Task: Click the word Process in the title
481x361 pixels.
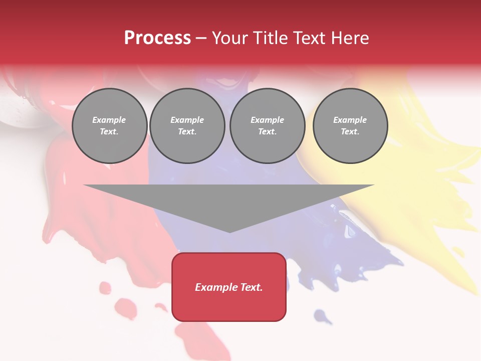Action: pyautogui.click(x=157, y=38)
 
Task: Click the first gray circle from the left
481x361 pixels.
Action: pyautogui.click(x=110, y=126)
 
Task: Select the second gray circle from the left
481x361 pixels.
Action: pyautogui.click(x=187, y=126)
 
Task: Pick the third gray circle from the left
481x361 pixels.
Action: pyautogui.click(x=268, y=126)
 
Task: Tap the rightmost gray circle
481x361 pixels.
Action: pyautogui.click(x=350, y=126)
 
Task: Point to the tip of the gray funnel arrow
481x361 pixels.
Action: pyautogui.click(x=229, y=232)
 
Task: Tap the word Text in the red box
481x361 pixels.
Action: pyautogui.click(x=252, y=287)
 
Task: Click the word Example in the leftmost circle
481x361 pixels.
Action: pyautogui.click(x=109, y=120)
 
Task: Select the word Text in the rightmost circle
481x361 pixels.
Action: pyautogui.click(x=350, y=132)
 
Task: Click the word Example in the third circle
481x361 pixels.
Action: pyautogui.click(x=267, y=120)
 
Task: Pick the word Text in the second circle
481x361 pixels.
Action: pyautogui.click(x=187, y=132)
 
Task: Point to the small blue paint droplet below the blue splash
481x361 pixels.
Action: pyautogui.click(x=321, y=316)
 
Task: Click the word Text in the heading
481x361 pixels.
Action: pyautogui.click(x=310, y=38)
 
